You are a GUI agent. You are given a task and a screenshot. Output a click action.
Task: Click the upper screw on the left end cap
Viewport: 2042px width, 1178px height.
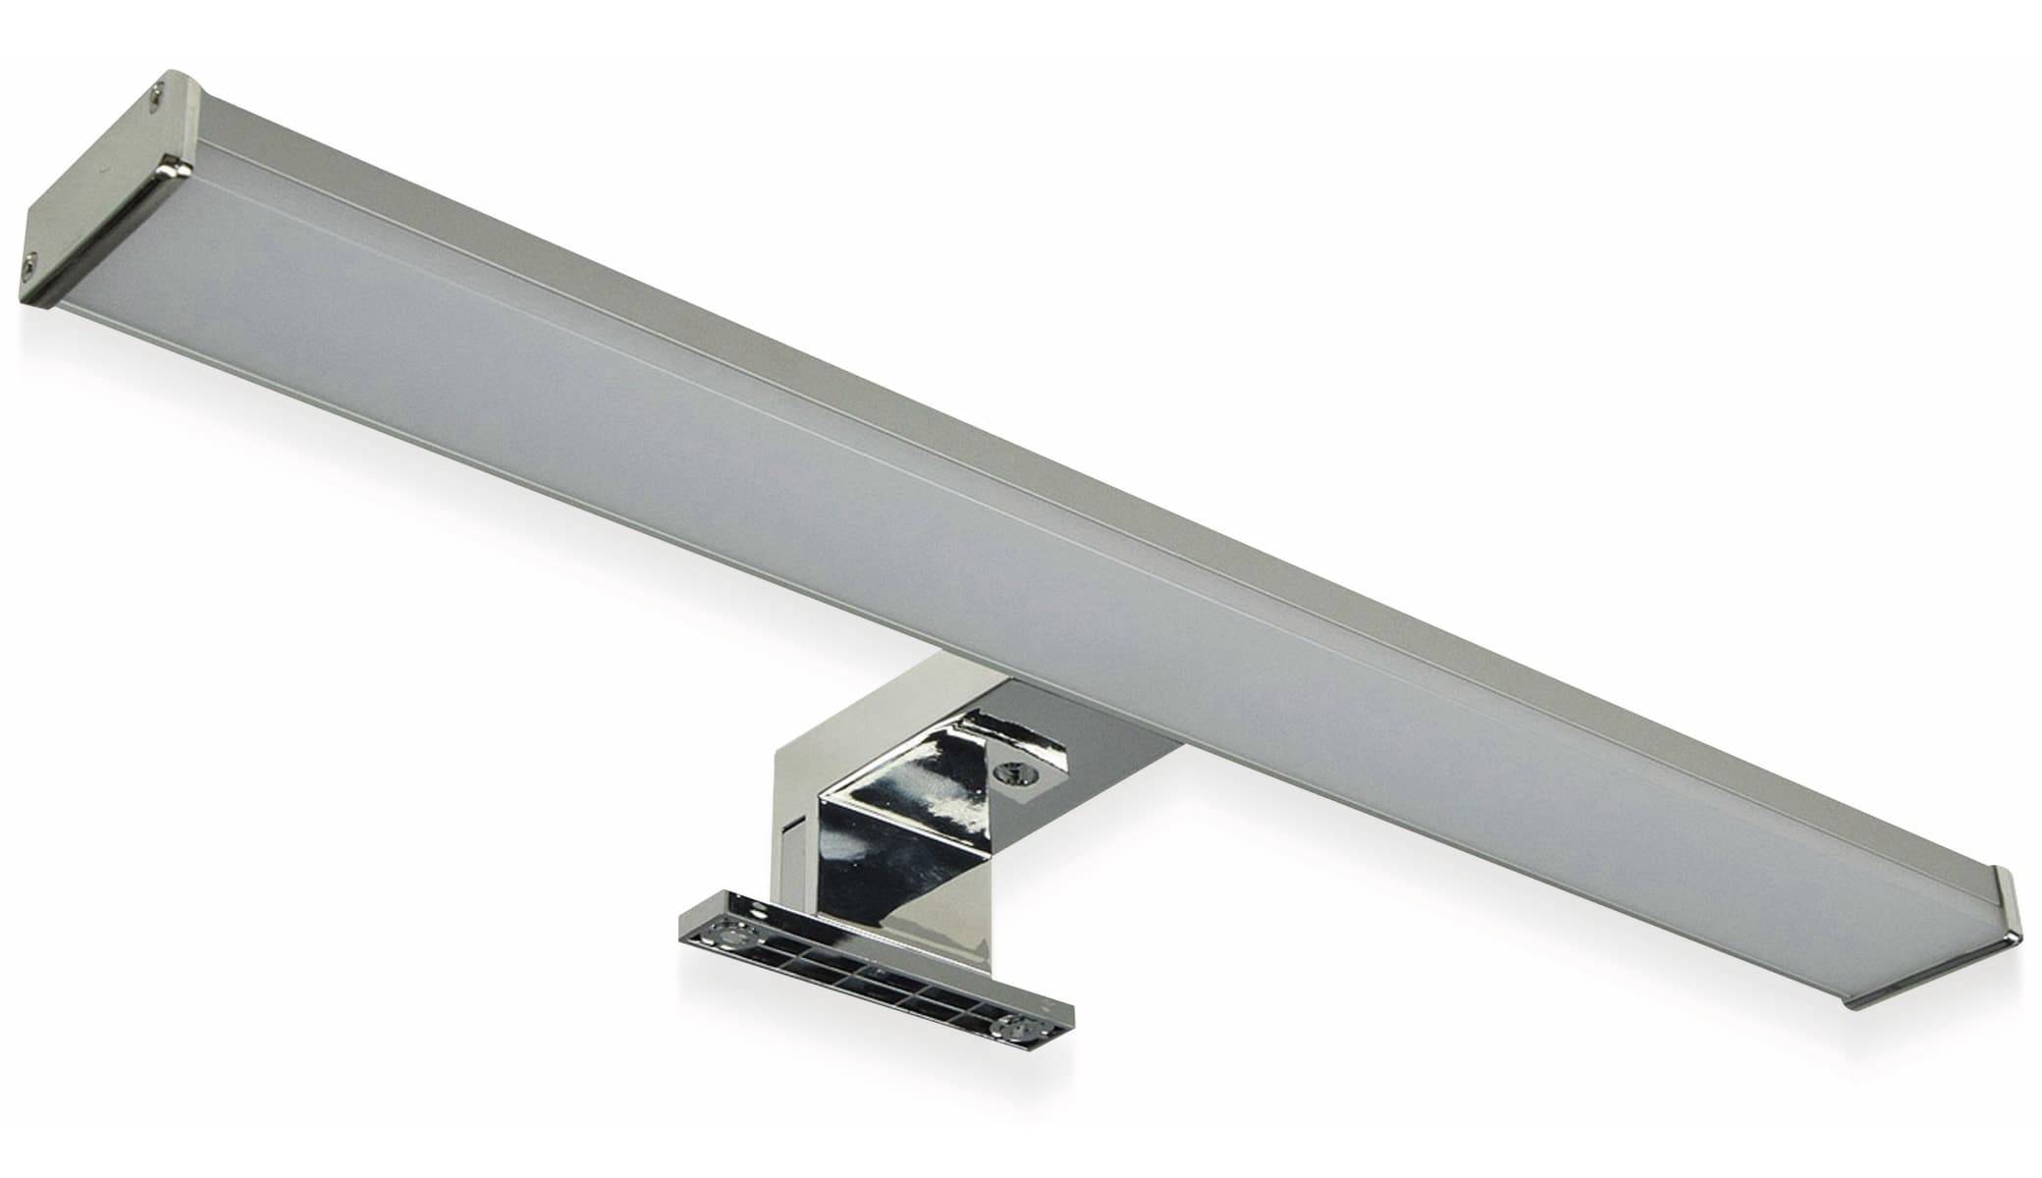click(156, 94)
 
